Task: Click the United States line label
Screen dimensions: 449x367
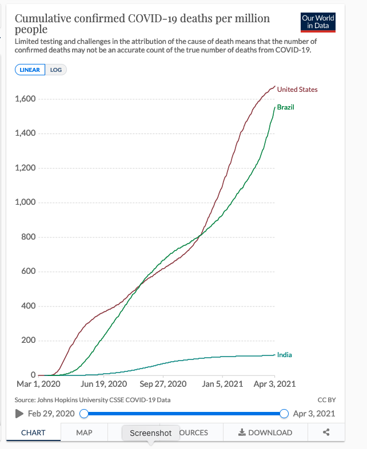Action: point(297,90)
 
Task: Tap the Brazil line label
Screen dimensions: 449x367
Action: point(285,107)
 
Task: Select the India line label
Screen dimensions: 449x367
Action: point(284,355)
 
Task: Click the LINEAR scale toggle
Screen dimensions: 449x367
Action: point(30,70)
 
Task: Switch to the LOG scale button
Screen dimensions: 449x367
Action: point(57,70)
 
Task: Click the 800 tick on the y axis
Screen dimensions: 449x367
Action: point(29,237)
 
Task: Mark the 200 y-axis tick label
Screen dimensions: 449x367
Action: point(29,341)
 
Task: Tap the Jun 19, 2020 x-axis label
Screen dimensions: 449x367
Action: point(104,384)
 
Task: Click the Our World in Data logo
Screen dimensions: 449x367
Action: point(318,22)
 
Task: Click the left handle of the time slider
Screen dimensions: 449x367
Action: point(84,414)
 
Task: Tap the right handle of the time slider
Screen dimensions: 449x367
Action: point(284,414)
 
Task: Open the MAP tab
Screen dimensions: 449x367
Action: point(84,432)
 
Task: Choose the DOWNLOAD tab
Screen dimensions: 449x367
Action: point(265,432)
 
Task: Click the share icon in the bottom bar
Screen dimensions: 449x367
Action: point(326,432)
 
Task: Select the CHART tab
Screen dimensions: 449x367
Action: point(33,432)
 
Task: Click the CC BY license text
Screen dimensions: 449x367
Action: point(326,400)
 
